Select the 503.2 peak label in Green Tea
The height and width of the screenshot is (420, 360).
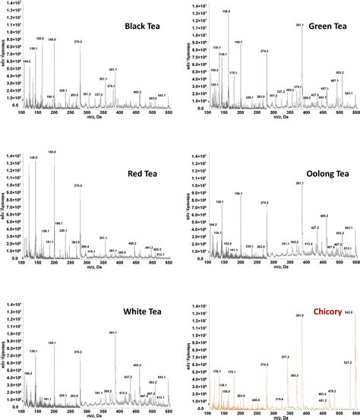tap(339, 73)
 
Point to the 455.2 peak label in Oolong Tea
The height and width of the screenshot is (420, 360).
tap(324, 215)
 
